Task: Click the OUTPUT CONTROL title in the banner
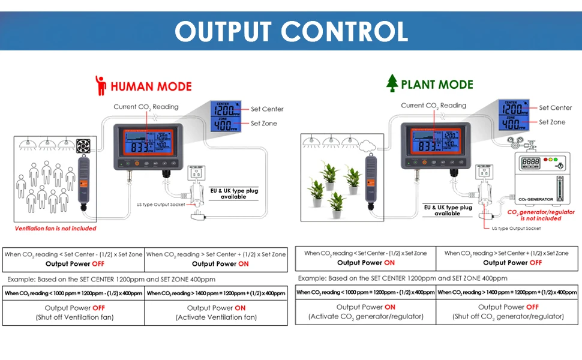point(291,31)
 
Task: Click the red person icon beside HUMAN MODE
point(101,85)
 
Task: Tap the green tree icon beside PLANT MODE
point(392,83)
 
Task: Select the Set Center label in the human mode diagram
point(267,109)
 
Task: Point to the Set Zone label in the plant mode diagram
point(552,122)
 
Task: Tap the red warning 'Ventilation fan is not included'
point(55,229)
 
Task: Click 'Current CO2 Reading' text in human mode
point(146,107)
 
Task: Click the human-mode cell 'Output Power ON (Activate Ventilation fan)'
point(216,312)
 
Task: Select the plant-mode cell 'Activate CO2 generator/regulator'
point(365,311)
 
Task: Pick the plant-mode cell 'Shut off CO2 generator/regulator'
point(508,311)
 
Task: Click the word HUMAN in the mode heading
point(131,86)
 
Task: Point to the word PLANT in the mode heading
point(420,85)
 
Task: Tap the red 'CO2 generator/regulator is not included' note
point(541,215)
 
